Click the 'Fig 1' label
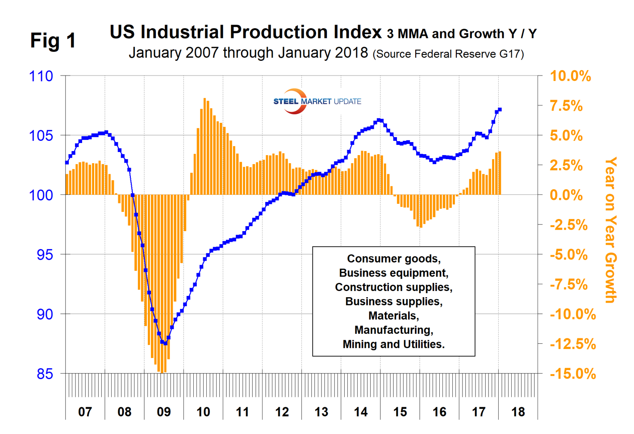click(x=53, y=41)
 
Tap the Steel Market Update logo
click(x=317, y=101)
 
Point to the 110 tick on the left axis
click(x=41, y=76)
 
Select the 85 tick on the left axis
click(x=45, y=374)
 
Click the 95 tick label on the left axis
click(x=45, y=255)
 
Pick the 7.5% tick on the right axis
click(x=566, y=106)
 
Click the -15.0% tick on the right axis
click(x=572, y=374)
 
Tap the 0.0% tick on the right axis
click(x=566, y=195)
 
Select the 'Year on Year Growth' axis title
click(x=610, y=230)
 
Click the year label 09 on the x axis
click(x=164, y=412)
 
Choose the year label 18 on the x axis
click(x=518, y=412)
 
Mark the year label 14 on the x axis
click(x=361, y=412)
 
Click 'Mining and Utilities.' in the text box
click(x=393, y=344)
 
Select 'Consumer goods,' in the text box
click(x=393, y=259)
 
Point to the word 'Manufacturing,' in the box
click(x=393, y=330)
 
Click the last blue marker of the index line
click(x=500, y=110)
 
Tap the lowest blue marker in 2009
click(x=165, y=343)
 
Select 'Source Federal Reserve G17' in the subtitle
click(x=448, y=55)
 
